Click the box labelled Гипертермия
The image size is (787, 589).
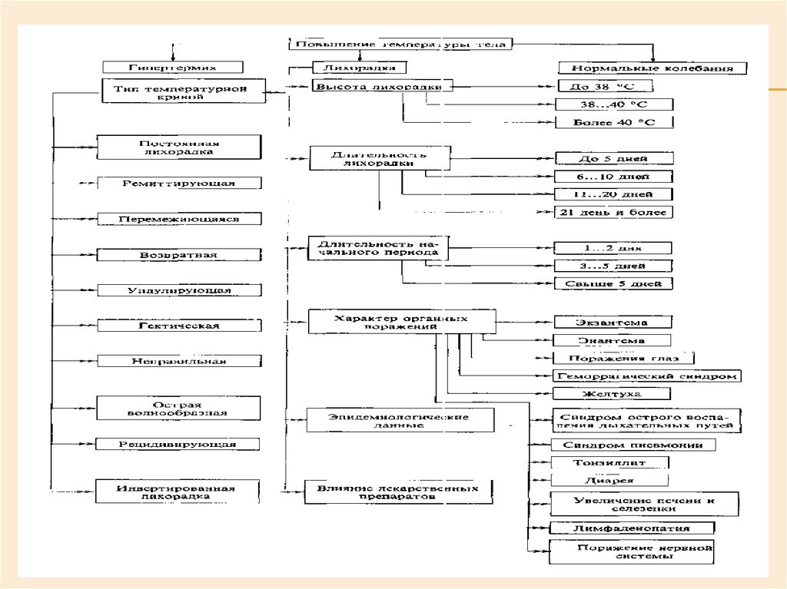173,68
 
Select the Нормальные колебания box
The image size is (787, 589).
653,68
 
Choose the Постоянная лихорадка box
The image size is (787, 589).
179,147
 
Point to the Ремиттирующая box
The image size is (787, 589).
179,184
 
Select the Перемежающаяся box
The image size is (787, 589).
179,219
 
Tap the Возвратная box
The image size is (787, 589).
179,255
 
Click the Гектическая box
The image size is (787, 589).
179,326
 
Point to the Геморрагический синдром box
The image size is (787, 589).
646,376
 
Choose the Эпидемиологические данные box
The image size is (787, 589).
399,420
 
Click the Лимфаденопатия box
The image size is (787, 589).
633,528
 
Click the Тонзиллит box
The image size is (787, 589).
609,462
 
